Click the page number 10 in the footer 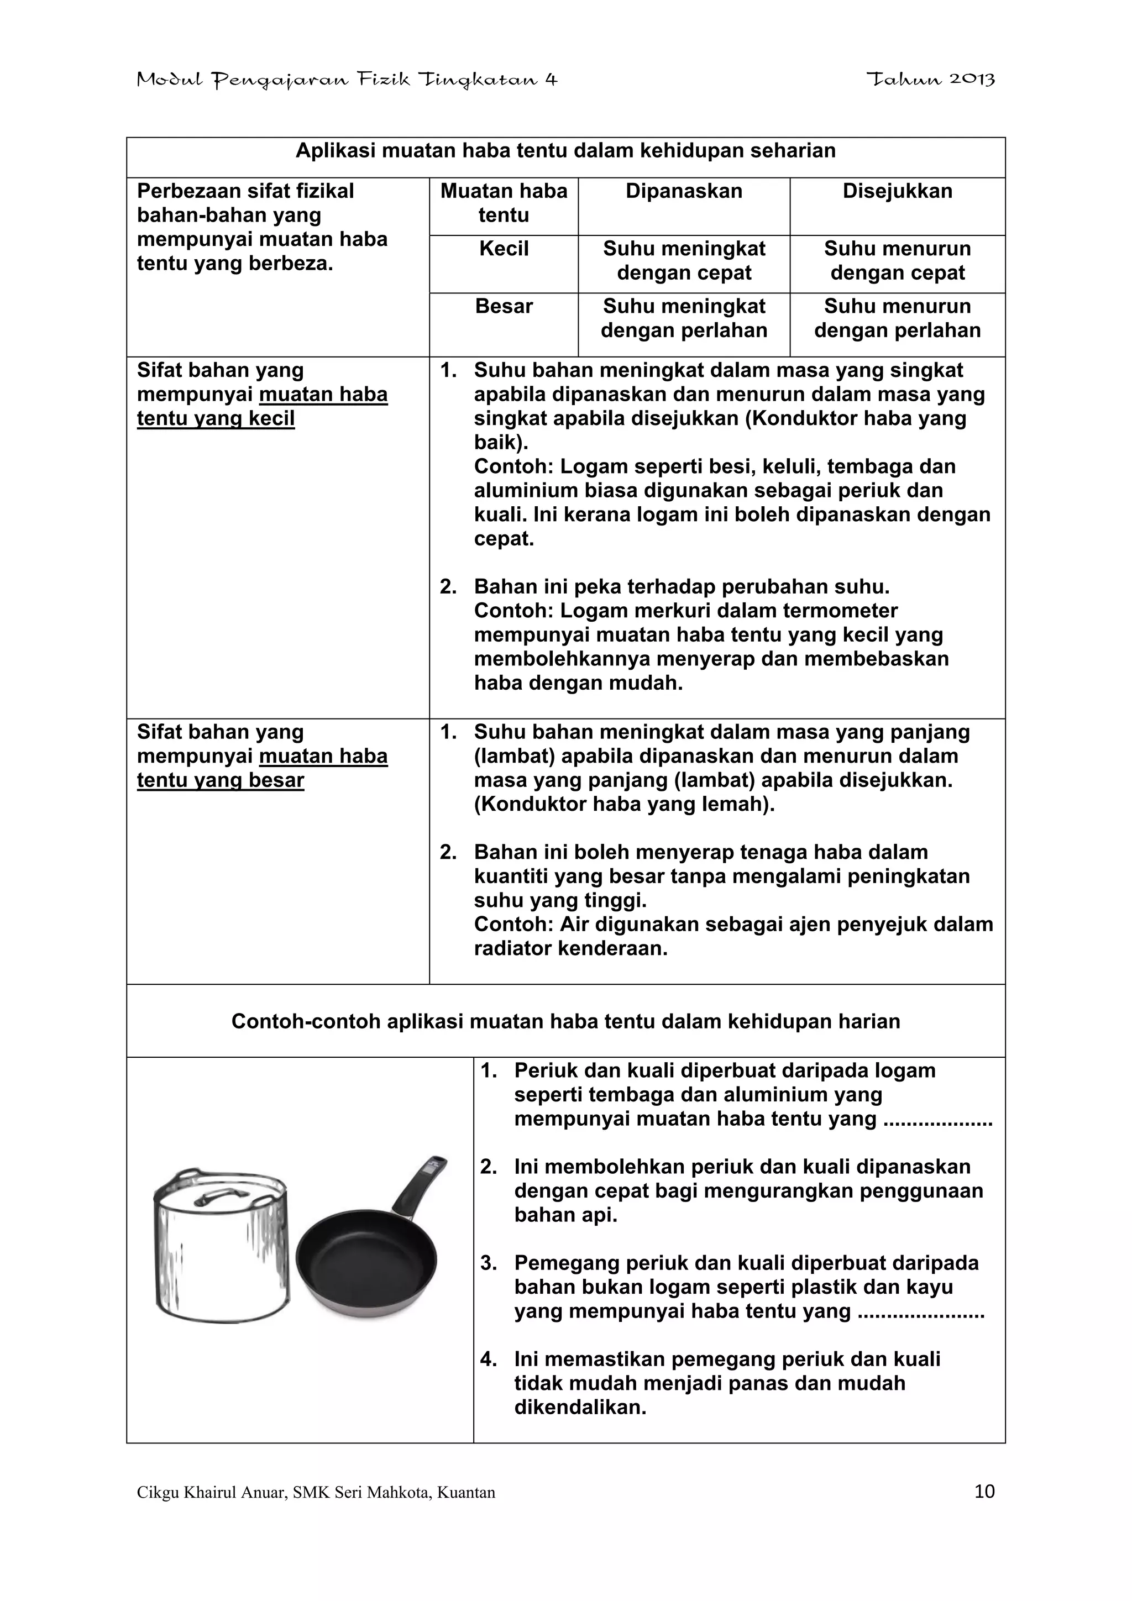(x=984, y=1492)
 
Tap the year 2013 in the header (x=972, y=80)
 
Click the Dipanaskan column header (x=684, y=191)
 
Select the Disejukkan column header (x=897, y=191)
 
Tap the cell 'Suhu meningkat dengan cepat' (x=684, y=261)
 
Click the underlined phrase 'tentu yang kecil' (x=216, y=418)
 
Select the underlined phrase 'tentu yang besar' (x=221, y=780)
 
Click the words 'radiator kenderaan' (x=570, y=949)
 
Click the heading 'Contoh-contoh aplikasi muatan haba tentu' (x=565, y=1021)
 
